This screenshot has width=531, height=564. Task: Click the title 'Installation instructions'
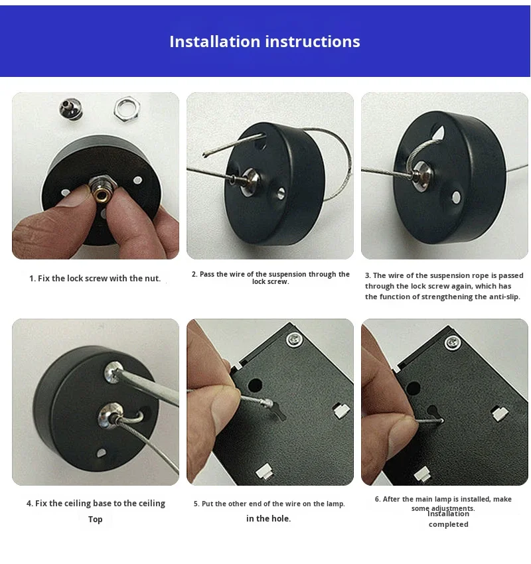point(265,41)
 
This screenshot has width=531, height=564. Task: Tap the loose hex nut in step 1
point(127,108)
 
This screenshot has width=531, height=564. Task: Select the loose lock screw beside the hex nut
point(71,108)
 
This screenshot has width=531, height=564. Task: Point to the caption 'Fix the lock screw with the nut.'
point(100,279)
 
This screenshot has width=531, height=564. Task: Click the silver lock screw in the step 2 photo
point(250,181)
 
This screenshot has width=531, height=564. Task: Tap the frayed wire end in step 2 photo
point(205,155)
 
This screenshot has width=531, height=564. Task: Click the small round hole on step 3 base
point(456,197)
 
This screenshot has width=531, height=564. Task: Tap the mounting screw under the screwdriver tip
point(114,372)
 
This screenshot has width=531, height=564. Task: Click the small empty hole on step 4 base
point(102,453)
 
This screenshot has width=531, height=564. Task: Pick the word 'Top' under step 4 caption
point(96,520)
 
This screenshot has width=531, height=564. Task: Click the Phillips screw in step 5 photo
point(295,339)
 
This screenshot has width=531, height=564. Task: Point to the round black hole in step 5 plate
point(255,386)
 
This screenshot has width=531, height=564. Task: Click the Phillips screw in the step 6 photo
point(453,342)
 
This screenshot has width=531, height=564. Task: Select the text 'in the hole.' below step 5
point(268,519)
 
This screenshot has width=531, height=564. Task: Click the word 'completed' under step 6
point(449,524)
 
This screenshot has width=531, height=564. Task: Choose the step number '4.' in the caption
point(30,504)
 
